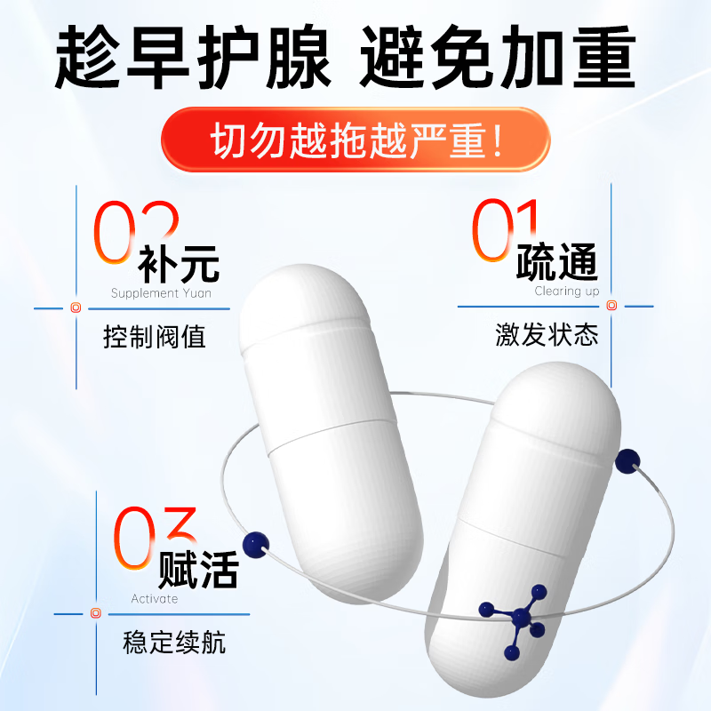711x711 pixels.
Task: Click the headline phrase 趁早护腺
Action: (193, 58)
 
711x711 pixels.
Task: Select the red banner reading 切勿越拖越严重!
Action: (355, 140)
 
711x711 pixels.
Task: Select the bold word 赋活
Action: (198, 569)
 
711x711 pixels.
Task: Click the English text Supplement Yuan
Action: (161, 293)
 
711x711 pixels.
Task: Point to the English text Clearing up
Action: (567, 291)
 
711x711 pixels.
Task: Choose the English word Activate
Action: (155, 599)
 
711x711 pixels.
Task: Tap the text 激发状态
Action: (547, 335)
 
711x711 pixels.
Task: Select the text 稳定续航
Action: (174, 643)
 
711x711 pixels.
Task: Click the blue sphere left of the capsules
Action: (257, 542)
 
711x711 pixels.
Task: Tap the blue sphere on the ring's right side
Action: (629, 459)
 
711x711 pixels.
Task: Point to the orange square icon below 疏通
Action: (611, 306)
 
